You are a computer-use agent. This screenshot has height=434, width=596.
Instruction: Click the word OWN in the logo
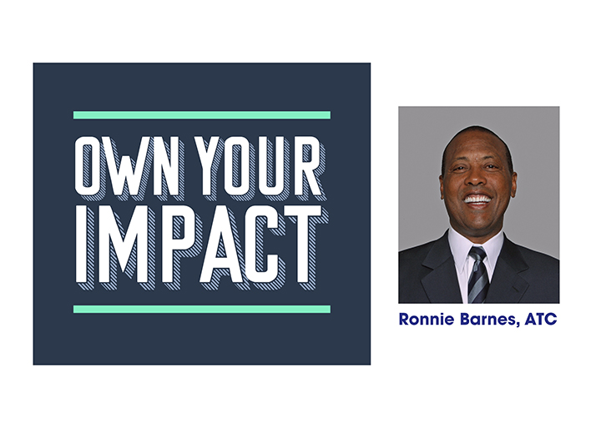tap(127, 166)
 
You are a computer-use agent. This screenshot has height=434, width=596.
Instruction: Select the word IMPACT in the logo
tap(200, 245)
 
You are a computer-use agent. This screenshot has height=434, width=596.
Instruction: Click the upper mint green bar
tap(202, 115)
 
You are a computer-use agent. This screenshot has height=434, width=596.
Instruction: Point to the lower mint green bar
tap(202, 310)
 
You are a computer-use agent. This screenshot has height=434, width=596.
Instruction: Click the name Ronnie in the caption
tap(427, 319)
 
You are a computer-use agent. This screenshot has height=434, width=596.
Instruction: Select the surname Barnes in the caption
tap(488, 320)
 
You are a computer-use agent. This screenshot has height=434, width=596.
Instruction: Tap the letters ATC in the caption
tap(541, 319)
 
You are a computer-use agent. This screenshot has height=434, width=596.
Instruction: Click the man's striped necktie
tap(478, 275)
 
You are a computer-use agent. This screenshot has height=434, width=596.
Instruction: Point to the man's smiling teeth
tap(477, 199)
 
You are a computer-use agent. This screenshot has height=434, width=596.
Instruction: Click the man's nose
tap(477, 178)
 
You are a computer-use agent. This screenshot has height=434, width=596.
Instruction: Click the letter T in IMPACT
tap(303, 245)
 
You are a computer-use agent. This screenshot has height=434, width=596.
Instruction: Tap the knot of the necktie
tap(477, 254)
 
